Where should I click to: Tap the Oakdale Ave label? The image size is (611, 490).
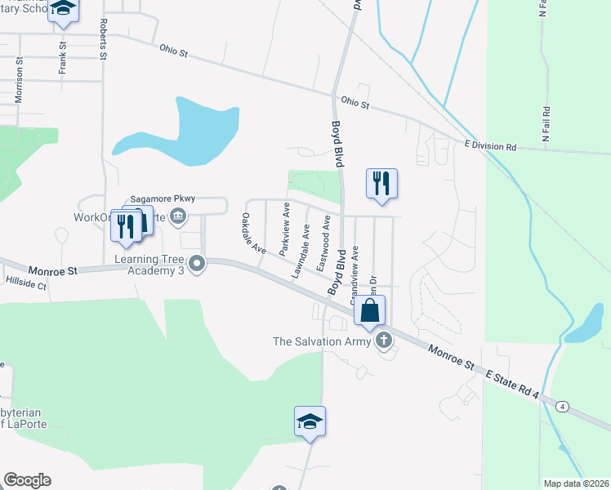pyautogui.click(x=253, y=233)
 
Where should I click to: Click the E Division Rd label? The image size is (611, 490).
pyautogui.click(x=490, y=147)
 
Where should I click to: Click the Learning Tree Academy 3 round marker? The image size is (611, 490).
pyautogui.click(x=197, y=263)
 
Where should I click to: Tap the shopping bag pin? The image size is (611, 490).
pyautogui.click(x=369, y=310)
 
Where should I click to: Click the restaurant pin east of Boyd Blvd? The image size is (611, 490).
pyautogui.click(x=381, y=183)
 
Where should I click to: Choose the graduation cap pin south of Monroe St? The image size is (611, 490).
pyautogui.click(x=310, y=421)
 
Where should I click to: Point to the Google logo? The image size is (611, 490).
pyautogui.click(x=27, y=480)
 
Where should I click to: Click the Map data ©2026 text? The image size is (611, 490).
pyautogui.click(x=575, y=483)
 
